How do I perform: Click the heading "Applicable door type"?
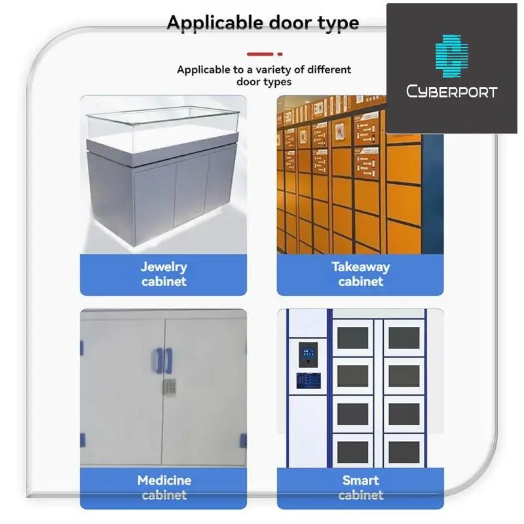coord(263,22)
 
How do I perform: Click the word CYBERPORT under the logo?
coord(451,91)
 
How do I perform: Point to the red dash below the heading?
coord(261,54)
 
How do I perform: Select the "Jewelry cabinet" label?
coord(164,274)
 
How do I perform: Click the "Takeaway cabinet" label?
coord(360,274)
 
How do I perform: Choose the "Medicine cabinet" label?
coord(164,487)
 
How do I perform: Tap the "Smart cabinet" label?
coord(360,487)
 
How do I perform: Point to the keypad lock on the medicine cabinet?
coord(168,388)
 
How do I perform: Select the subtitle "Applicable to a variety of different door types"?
coord(263,75)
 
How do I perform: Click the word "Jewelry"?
coord(164,267)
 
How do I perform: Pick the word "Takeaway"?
coord(360,267)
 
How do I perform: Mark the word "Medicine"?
coord(164,480)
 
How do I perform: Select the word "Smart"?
coord(360,480)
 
